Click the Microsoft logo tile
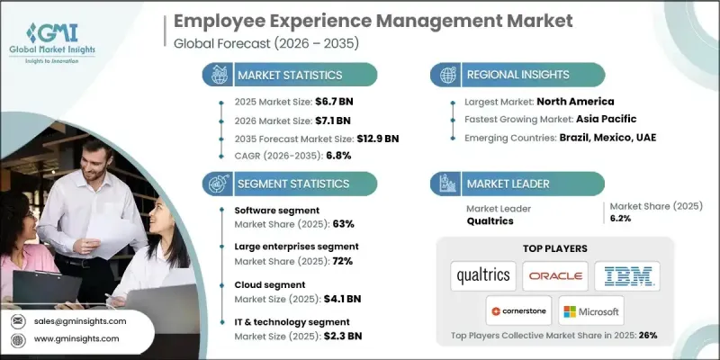[592, 311]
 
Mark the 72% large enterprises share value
[343, 261]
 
